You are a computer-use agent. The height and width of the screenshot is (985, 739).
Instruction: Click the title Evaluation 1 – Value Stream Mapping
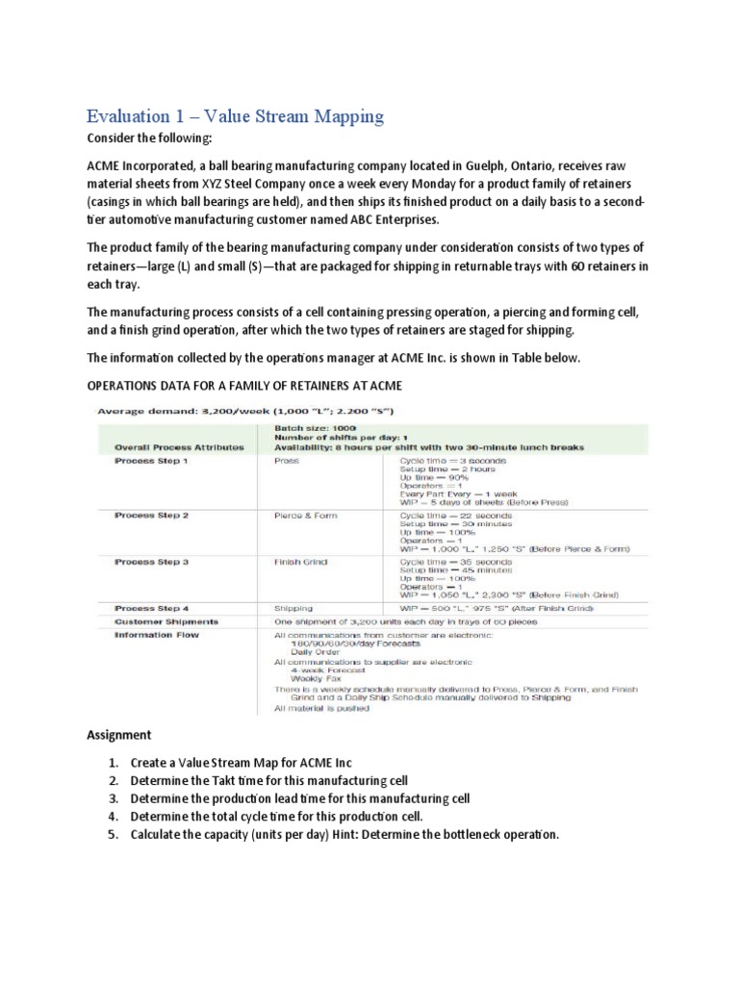point(235,116)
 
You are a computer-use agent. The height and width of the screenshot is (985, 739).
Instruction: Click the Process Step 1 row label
point(152,461)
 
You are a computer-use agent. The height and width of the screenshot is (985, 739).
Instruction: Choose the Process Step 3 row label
point(152,559)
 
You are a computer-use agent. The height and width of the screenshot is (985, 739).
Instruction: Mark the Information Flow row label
point(156,635)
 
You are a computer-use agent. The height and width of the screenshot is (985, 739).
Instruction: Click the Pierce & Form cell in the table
point(306,516)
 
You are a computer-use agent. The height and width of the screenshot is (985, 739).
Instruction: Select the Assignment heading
point(119,735)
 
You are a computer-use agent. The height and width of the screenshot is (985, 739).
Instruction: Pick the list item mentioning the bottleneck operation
point(344,834)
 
